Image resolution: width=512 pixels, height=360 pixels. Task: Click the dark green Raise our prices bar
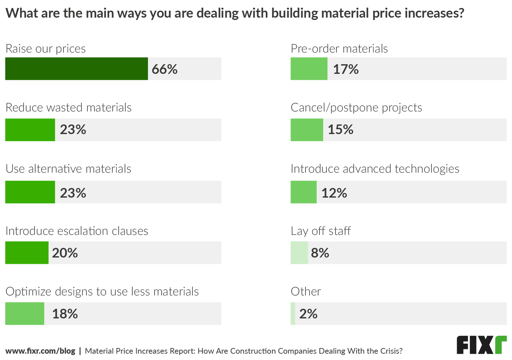click(x=76, y=69)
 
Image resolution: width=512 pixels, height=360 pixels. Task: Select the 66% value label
click(x=165, y=69)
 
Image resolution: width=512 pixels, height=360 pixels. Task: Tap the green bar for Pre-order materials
click(x=309, y=69)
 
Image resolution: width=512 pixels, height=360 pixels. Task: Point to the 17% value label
click(x=346, y=69)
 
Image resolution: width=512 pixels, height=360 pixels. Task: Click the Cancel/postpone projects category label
click(x=356, y=107)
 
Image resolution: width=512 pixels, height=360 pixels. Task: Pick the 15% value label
click(x=340, y=129)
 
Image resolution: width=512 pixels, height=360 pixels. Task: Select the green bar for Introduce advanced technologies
click(x=304, y=192)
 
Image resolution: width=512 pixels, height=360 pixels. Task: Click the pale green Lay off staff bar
click(x=299, y=253)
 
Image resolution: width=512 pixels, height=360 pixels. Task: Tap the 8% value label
click(x=320, y=253)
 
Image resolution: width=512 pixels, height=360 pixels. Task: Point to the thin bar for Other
click(x=293, y=313)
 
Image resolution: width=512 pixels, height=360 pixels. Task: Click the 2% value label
click(x=308, y=314)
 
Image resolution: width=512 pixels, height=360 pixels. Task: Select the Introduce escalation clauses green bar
click(x=27, y=253)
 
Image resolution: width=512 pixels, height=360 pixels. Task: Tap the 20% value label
click(x=65, y=253)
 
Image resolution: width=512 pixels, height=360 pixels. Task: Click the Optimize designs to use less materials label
click(x=102, y=291)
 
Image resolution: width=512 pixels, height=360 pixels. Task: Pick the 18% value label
click(x=65, y=314)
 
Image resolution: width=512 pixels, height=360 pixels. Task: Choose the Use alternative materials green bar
click(x=30, y=192)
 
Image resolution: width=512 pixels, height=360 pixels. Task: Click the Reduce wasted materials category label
click(x=68, y=107)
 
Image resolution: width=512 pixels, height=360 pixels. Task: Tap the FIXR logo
click(x=481, y=345)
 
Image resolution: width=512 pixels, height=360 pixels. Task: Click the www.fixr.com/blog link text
click(x=40, y=351)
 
